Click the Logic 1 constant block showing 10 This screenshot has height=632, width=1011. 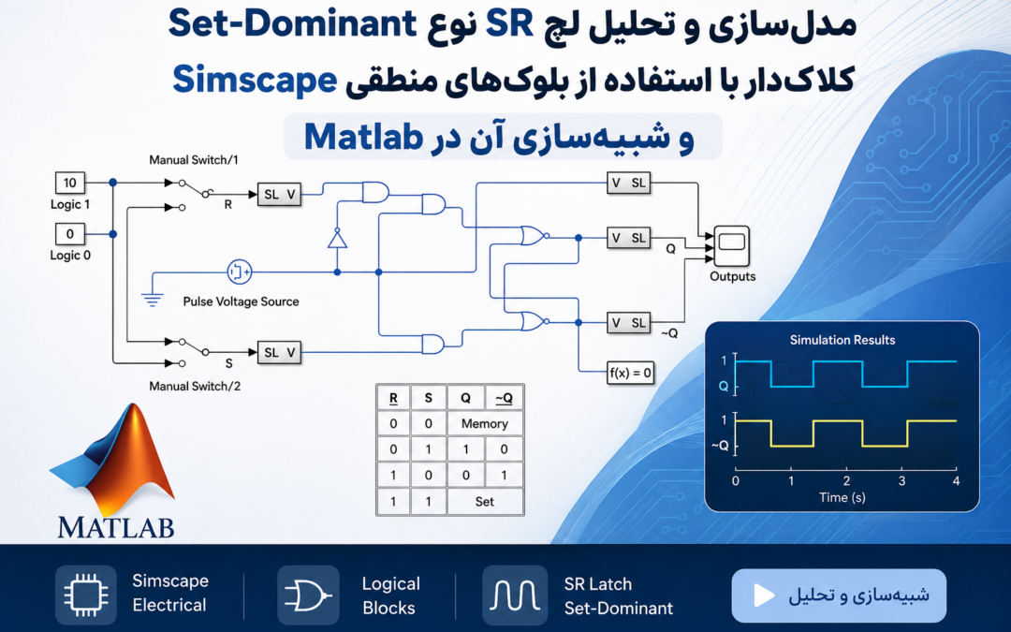point(69,184)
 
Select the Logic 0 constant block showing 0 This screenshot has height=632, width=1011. point(69,233)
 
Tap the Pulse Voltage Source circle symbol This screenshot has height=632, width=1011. point(240,272)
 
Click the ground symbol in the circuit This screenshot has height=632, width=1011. point(153,299)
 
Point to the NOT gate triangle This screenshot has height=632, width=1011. point(337,239)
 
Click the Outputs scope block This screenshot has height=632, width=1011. point(731,245)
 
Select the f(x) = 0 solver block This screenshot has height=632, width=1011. point(630,372)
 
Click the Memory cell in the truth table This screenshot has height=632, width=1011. point(484,424)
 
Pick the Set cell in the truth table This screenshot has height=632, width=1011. point(484,501)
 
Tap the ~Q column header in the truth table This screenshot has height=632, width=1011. point(504,398)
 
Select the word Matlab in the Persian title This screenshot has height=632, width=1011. point(363,137)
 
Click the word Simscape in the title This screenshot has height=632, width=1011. point(255,80)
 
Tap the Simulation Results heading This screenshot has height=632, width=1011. point(842,340)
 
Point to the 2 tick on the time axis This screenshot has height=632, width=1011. point(846,480)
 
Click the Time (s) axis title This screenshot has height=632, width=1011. point(842,497)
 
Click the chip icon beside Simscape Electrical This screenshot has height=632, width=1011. point(86,595)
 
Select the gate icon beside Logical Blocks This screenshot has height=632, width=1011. point(308,595)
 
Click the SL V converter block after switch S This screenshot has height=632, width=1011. point(279,352)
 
